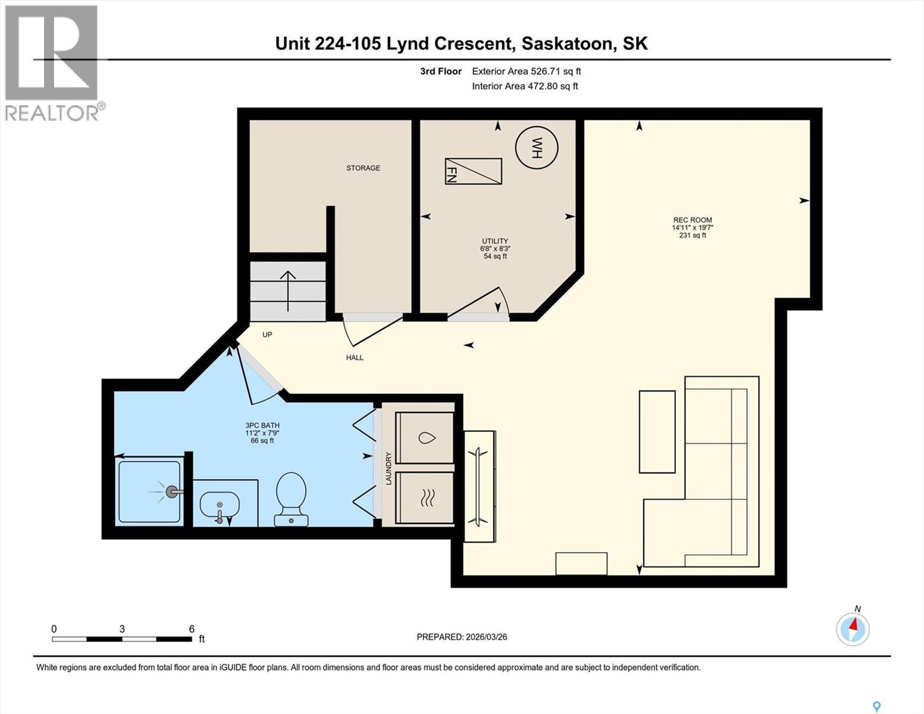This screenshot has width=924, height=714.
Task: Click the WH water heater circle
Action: click(x=537, y=148)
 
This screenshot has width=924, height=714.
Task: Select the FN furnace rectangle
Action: click(x=473, y=171)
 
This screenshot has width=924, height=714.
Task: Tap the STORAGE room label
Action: click(x=363, y=168)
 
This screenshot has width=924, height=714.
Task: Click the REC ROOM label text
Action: click(x=692, y=220)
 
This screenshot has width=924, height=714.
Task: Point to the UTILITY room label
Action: click(x=495, y=241)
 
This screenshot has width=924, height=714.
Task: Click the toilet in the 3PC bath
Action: click(x=291, y=499)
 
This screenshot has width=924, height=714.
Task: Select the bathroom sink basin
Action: click(x=220, y=506)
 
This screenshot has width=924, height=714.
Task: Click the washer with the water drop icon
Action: click(x=424, y=437)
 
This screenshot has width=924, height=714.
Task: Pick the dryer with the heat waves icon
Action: click(x=424, y=497)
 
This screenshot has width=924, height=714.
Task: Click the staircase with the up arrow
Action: click(x=288, y=291)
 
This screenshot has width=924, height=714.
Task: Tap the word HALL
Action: click(x=355, y=358)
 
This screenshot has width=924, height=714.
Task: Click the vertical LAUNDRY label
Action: click(x=389, y=468)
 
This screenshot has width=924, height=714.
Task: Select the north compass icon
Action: click(x=853, y=628)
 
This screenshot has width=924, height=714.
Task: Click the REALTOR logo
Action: click(x=52, y=62)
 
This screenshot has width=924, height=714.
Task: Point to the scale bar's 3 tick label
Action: click(x=122, y=629)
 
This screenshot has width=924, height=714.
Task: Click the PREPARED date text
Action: click(x=462, y=637)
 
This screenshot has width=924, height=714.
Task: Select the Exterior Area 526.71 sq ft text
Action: click(x=526, y=71)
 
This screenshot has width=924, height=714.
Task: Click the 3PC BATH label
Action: click(x=262, y=425)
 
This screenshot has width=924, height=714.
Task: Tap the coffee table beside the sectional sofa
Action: click(x=657, y=431)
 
